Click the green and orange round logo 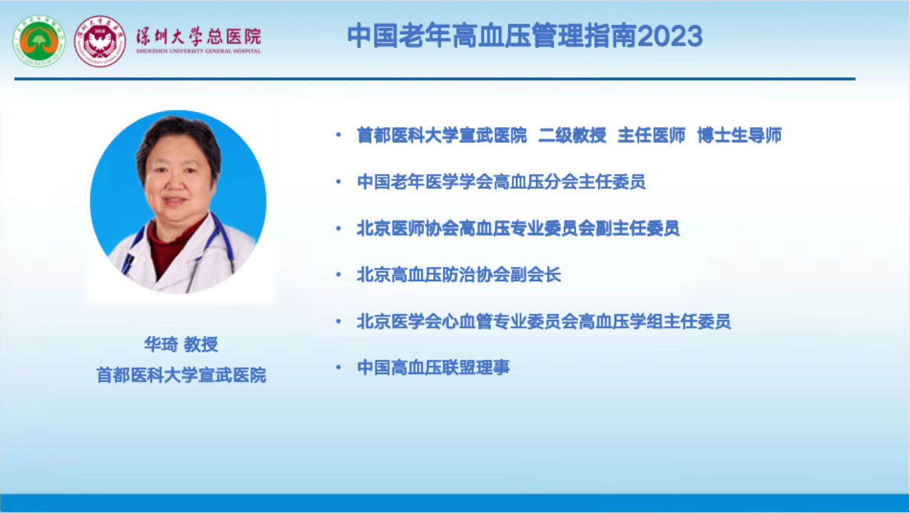click(x=39, y=41)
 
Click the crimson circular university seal click(x=100, y=41)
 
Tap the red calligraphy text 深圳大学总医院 click(x=198, y=36)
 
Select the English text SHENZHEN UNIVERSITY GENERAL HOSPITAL click(x=198, y=51)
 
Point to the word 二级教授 click(x=572, y=136)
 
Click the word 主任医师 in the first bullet click(x=651, y=136)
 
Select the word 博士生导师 click(x=739, y=136)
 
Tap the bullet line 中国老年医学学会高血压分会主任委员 click(x=501, y=181)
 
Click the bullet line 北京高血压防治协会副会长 click(x=459, y=275)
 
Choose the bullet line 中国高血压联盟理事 click(x=433, y=368)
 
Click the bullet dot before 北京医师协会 click(x=338, y=228)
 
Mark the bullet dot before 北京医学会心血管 click(x=338, y=321)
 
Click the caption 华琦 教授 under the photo click(x=181, y=345)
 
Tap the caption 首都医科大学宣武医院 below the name click(x=181, y=375)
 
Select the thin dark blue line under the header click(x=435, y=79)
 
